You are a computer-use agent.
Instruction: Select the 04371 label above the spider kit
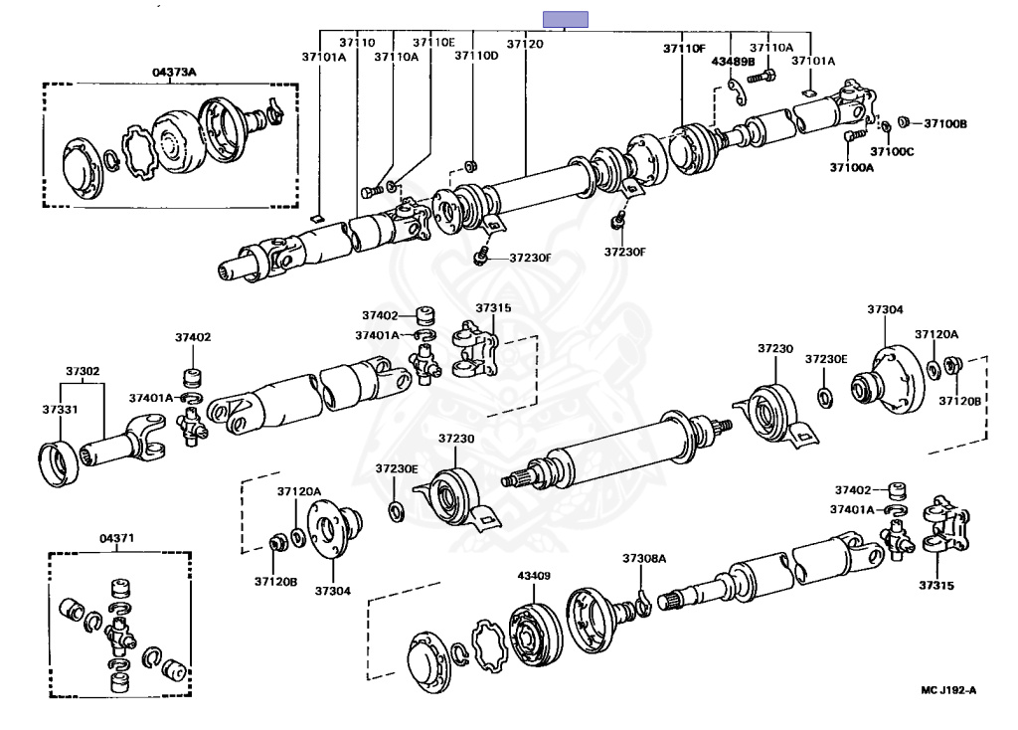point(116,539)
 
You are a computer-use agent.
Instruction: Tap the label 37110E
point(433,43)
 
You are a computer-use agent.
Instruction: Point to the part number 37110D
point(476,57)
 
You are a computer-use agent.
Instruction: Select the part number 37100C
point(892,151)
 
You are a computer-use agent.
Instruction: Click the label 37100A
point(852,168)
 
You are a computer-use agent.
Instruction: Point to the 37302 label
point(83,372)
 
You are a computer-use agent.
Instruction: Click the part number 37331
point(60,409)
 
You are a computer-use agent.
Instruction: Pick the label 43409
point(534,575)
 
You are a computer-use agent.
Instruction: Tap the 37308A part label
point(644,559)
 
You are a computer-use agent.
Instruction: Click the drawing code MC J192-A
point(949,688)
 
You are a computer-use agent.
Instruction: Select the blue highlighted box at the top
point(565,18)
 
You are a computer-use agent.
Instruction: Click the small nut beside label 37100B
point(904,122)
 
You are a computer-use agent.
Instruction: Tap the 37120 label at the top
point(525,44)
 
